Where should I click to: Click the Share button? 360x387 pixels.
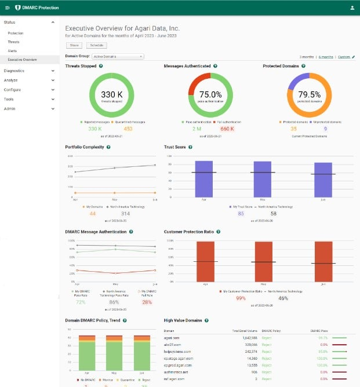[x=74, y=45]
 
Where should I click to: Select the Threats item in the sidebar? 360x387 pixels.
[x=13, y=42]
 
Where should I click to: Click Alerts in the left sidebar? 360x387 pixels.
[x=12, y=51]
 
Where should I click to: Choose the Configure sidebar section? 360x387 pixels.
[x=12, y=90]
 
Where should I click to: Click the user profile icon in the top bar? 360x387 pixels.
[x=352, y=8]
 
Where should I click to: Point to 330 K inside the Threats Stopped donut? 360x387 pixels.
[x=112, y=94]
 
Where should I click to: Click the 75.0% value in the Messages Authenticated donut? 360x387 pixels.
[x=210, y=94]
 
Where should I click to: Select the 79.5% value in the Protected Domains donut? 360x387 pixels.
[x=310, y=94]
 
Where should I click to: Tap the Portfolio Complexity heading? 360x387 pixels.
[x=85, y=147]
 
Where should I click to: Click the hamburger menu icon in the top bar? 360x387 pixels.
[x=8, y=8]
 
